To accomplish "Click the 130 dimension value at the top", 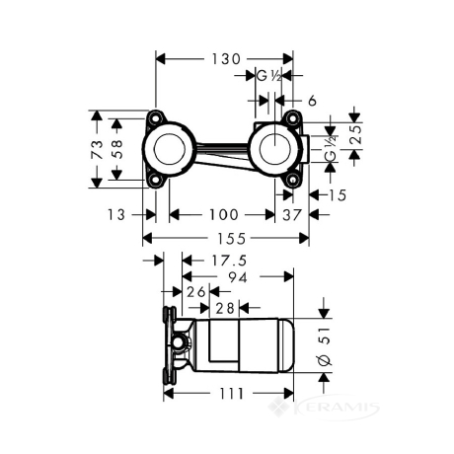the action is point(226,59).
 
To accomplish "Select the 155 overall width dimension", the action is point(231,239).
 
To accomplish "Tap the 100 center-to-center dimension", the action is point(224,215).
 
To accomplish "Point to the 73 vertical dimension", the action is point(98,150).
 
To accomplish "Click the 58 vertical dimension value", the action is point(117,149).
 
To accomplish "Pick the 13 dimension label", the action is point(116,215).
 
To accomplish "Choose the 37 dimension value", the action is point(292,215).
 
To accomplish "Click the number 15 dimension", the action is point(338,195).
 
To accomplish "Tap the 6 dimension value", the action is point(312,101).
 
